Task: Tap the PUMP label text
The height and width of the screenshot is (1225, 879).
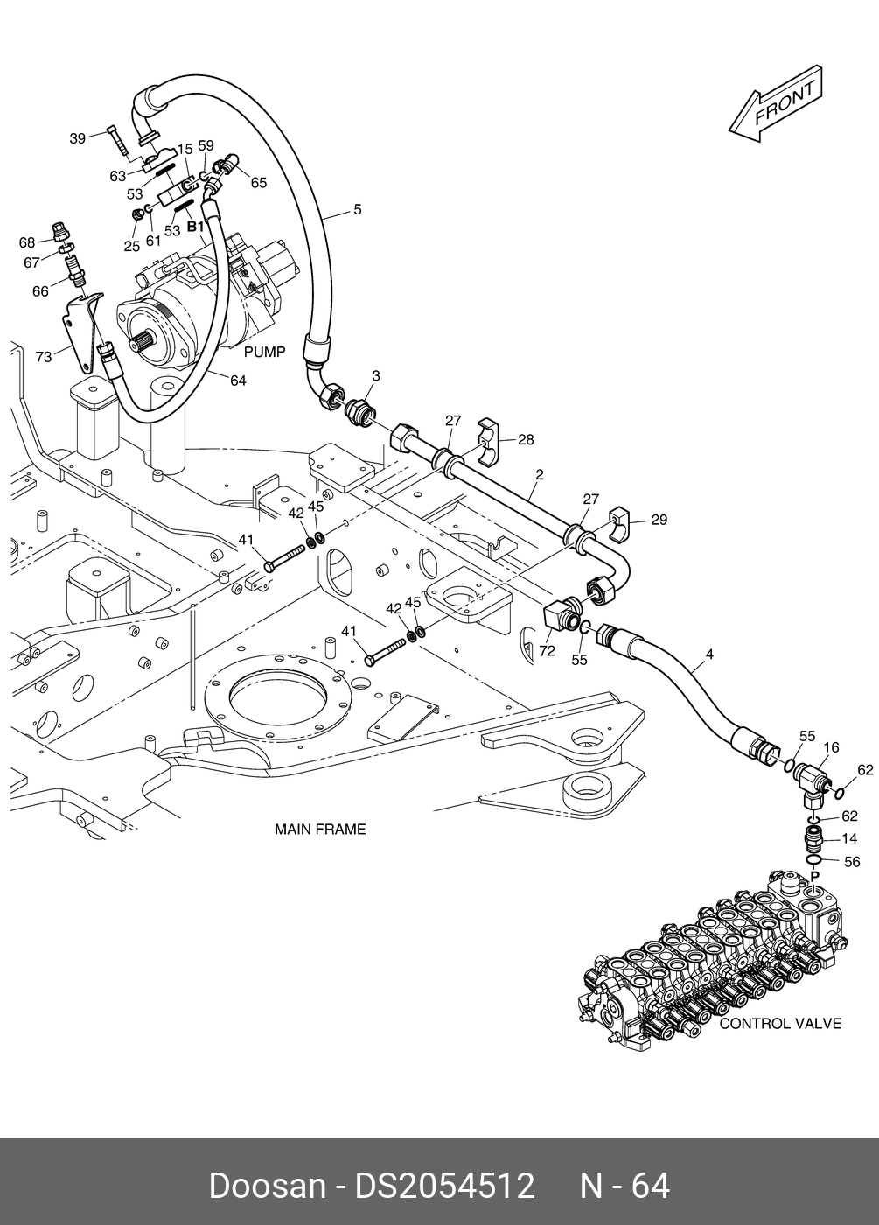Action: [264, 352]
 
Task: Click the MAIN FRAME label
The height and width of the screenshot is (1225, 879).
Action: [320, 829]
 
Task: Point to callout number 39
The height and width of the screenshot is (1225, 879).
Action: [78, 138]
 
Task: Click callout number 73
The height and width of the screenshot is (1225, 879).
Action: [44, 357]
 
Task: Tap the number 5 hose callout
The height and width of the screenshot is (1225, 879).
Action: [358, 209]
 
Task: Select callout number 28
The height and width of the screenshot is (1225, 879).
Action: [526, 439]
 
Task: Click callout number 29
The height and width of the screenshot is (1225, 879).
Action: [659, 520]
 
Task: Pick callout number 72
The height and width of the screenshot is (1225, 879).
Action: [548, 650]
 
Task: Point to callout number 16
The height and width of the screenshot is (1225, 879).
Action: [831, 747]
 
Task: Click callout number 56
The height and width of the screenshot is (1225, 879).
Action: [852, 862]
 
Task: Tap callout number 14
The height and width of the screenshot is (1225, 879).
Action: [849, 838]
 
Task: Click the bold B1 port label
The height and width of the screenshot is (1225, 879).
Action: [195, 227]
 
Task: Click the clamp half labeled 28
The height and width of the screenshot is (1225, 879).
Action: [491, 444]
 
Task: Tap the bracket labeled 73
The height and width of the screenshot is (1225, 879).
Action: [83, 332]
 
